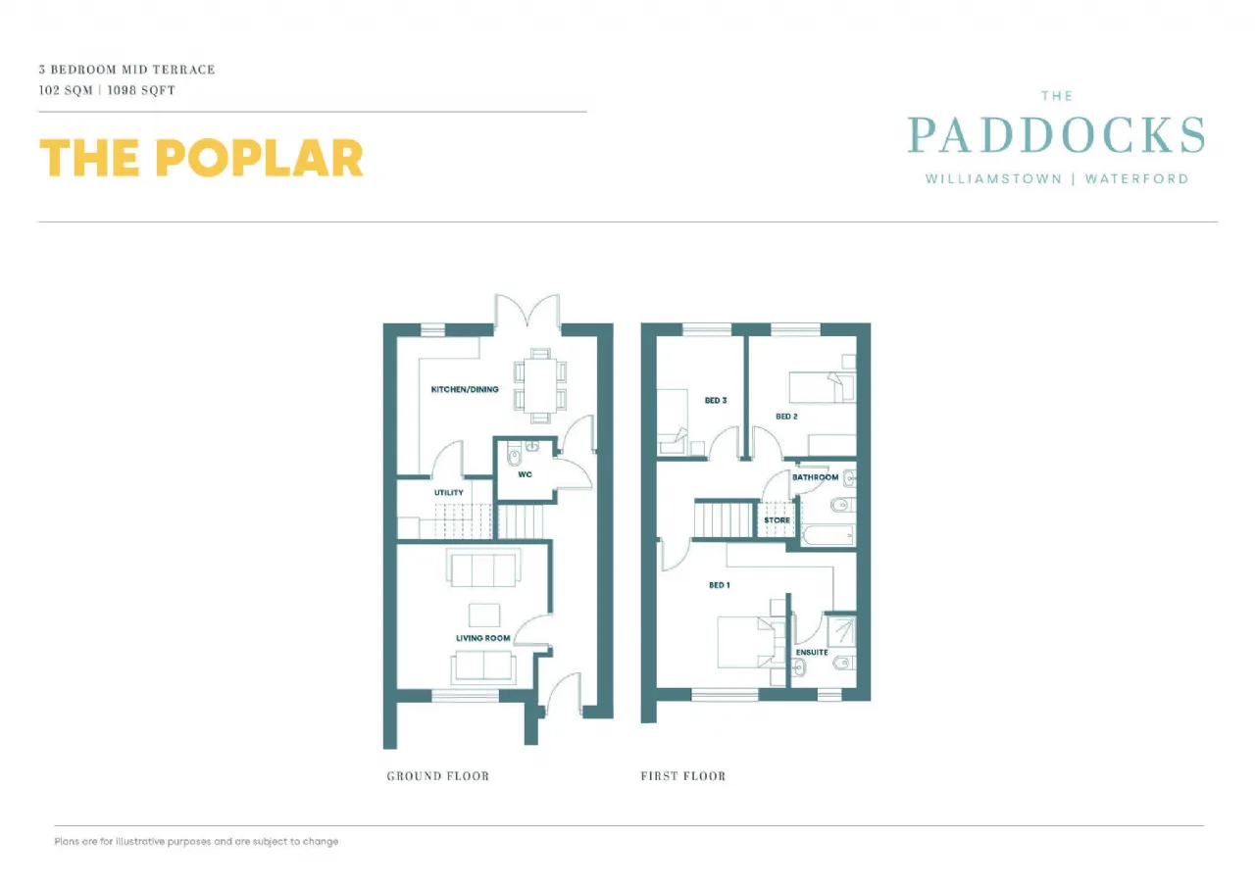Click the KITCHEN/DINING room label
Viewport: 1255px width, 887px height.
coord(465,389)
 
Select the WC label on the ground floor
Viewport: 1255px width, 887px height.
coord(525,474)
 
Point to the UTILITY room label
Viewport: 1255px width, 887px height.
coord(449,493)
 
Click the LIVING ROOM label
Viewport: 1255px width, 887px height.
coord(483,638)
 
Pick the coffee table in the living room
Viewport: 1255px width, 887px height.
coord(483,614)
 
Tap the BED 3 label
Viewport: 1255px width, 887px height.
coord(715,400)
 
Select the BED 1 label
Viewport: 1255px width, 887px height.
coord(719,585)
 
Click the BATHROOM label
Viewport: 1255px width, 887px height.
coord(815,477)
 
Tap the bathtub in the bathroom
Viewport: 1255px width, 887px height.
coord(828,535)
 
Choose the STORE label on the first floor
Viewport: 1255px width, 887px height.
coord(777,520)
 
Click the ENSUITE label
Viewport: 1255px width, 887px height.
coord(812,652)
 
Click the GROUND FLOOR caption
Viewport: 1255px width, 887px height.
coord(437,776)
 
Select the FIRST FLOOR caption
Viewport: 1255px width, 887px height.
coord(683,776)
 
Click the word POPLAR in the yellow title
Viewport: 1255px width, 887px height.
coord(260,158)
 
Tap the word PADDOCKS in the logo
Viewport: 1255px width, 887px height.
coord(1056,135)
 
